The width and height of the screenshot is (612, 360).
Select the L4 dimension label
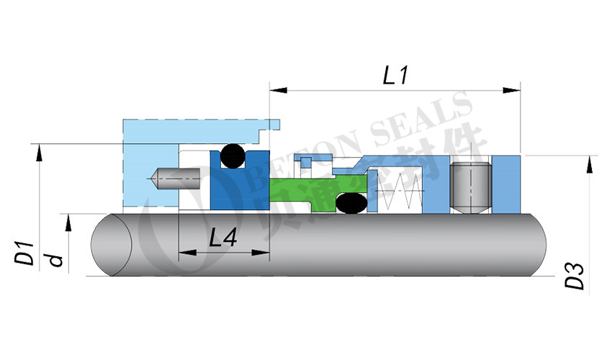coord(223,238)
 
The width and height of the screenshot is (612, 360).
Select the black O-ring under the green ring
coord(351,204)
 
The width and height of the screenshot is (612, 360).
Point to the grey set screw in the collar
coord(469,185)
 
